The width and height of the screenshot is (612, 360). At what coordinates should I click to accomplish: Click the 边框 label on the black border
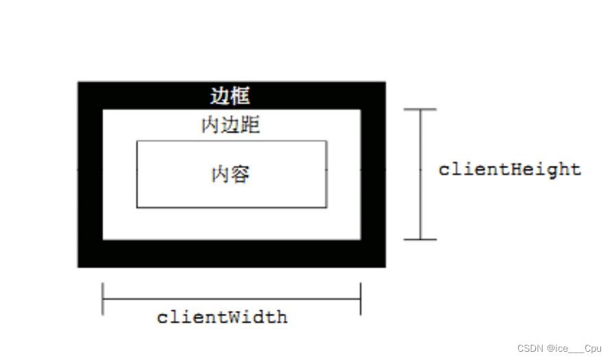(230, 96)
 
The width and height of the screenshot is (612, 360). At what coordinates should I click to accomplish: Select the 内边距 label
(230, 125)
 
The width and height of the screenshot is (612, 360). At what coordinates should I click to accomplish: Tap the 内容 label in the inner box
(230, 174)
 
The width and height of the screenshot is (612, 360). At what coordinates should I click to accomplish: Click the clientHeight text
(509, 169)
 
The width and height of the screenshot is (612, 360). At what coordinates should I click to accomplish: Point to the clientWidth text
(222, 317)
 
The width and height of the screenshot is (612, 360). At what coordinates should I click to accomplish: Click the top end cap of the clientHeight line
(420, 109)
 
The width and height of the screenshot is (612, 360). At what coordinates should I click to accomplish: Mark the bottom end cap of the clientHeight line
(420, 239)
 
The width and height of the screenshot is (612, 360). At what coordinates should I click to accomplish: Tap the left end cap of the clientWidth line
(103, 299)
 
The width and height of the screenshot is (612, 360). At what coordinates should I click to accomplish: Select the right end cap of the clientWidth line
(360, 299)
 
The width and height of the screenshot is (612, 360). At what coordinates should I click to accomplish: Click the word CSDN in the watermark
(530, 348)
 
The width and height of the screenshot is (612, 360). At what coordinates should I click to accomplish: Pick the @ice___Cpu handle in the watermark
(574, 348)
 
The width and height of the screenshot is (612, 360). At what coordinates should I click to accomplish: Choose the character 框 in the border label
(240, 96)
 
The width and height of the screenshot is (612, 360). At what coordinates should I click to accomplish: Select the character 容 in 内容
(240, 174)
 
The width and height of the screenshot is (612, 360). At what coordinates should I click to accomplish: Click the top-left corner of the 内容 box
(137, 141)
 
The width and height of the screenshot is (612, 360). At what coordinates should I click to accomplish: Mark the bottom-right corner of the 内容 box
(326, 207)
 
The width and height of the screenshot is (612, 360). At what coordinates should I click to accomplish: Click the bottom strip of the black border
(230, 254)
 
